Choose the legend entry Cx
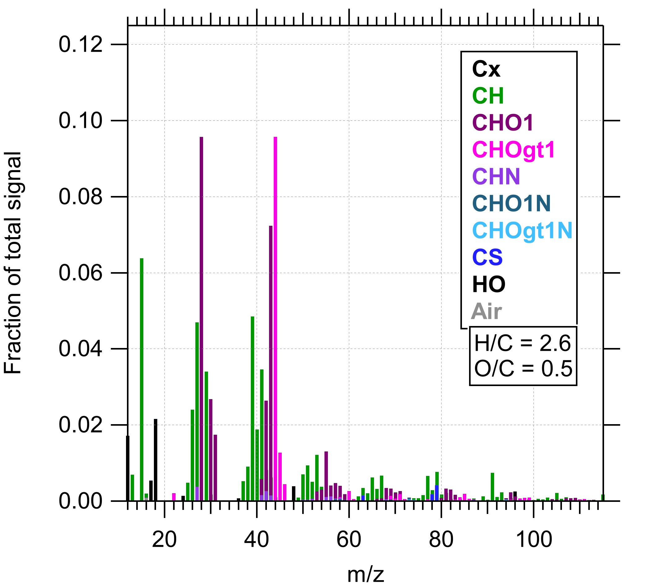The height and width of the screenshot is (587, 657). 486,69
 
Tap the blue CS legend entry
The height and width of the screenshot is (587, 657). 487,257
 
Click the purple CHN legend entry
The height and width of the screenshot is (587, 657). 496,176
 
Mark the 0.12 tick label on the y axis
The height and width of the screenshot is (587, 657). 80,45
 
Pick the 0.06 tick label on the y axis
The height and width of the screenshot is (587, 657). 80,273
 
